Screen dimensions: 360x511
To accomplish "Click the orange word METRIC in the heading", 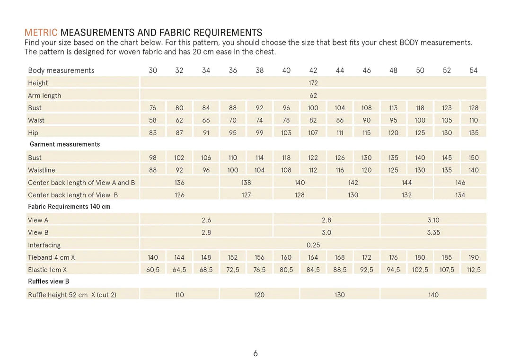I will (x=41, y=33).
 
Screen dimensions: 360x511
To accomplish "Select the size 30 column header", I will (x=153, y=70).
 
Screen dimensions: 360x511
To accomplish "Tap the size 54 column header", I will (x=474, y=70).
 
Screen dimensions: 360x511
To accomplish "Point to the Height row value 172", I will (x=313, y=83).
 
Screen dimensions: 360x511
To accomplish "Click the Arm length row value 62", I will (x=313, y=95).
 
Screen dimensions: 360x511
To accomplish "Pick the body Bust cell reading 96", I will (x=286, y=108).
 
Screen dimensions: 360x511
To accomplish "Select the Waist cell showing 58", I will (x=153, y=120).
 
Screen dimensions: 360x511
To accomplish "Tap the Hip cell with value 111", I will (x=340, y=133).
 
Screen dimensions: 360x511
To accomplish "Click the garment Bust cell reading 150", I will (x=474, y=158).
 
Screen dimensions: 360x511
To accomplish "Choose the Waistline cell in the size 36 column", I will (x=233, y=170).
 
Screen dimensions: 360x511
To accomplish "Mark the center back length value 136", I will (x=179, y=183).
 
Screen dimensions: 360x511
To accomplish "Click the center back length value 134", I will (x=460, y=195).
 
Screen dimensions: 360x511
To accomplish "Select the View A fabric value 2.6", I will (x=206, y=220).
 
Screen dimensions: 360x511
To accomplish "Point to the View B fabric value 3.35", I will (x=433, y=232).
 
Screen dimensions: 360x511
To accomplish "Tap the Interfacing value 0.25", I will (x=313, y=245).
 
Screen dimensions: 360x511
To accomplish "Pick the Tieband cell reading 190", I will (x=474, y=257).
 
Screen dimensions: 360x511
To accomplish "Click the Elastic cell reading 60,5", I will (x=153, y=270).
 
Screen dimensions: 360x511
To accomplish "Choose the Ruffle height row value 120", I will (x=259, y=295).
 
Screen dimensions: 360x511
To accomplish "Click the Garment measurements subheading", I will (x=65, y=144).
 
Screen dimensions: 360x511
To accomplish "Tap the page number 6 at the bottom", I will (x=255, y=353).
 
